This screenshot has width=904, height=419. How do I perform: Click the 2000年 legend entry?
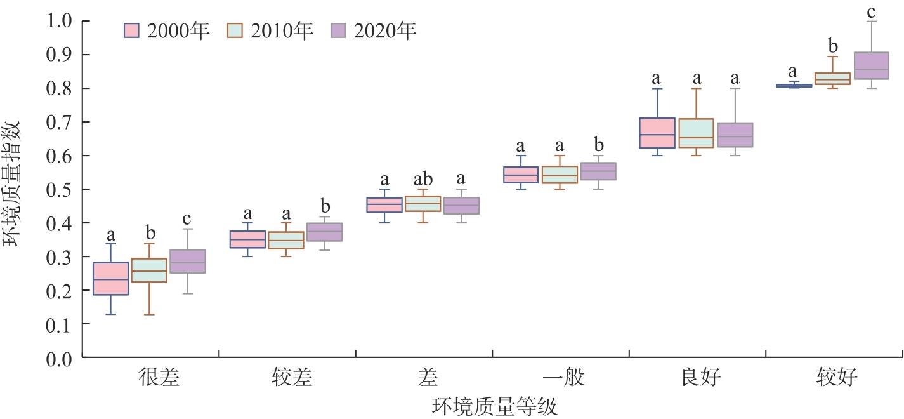167,31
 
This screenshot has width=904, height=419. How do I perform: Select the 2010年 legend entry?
270,31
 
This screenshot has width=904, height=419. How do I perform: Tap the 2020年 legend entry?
374,31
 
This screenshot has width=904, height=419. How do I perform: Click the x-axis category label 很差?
159,378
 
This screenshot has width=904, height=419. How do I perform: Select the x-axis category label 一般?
563,378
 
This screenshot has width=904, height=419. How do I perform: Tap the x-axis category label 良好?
700,378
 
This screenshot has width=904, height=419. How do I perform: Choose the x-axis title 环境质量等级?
495,406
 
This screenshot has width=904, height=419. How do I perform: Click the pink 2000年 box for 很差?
110,278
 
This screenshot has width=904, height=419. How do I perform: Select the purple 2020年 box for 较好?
871,65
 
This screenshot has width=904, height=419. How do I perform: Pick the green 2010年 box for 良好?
696,133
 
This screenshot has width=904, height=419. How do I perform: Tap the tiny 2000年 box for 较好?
794,86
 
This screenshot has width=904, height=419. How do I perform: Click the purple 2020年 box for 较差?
324,232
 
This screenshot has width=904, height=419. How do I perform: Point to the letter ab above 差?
423,180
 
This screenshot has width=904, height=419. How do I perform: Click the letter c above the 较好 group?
872,12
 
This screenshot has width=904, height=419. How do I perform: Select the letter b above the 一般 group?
598,146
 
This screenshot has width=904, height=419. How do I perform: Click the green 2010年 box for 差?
423,203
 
